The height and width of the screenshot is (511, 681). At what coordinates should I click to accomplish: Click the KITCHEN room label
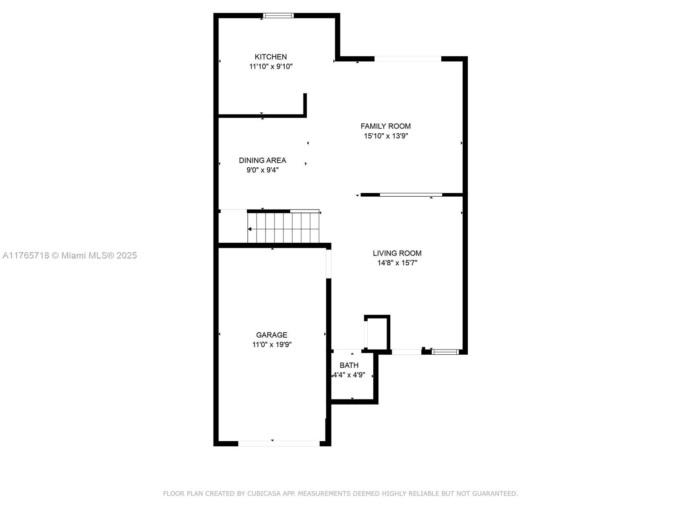click(x=271, y=57)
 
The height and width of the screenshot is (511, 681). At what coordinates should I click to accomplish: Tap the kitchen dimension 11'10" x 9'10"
click(x=271, y=66)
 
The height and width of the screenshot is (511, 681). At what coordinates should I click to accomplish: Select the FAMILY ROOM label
click(x=386, y=126)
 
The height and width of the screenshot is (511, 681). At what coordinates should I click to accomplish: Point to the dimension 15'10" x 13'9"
click(x=386, y=136)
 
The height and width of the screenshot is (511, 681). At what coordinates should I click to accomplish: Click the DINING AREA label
click(x=263, y=161)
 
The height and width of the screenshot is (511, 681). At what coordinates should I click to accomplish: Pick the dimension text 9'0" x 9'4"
click(x=263, y=170)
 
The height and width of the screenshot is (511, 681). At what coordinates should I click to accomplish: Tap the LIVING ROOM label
click(x=397, y=253)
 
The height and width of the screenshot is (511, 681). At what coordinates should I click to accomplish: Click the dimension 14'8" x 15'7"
click(x=397, y=263)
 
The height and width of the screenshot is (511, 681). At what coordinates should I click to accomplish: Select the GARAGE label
click(x=272, y=335)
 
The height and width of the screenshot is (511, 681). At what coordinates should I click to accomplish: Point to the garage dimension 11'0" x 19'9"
click(x=272, y=344)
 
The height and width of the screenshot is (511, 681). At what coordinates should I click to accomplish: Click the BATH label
click(x=349, y=365)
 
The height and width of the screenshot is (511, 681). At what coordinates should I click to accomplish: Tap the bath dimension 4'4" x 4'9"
click(x=349, y=375)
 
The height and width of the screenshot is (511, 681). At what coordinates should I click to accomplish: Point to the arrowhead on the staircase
click(x=249, y=229)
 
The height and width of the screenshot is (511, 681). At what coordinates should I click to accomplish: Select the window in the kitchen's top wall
click(x=278, y=15)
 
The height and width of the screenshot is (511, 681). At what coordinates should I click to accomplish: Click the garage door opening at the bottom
click(x=279, y=444)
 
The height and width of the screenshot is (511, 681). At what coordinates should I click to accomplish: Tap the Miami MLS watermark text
click(x=69, y=255)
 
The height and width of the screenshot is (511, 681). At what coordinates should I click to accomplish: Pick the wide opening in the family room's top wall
click(x=408, y=59)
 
